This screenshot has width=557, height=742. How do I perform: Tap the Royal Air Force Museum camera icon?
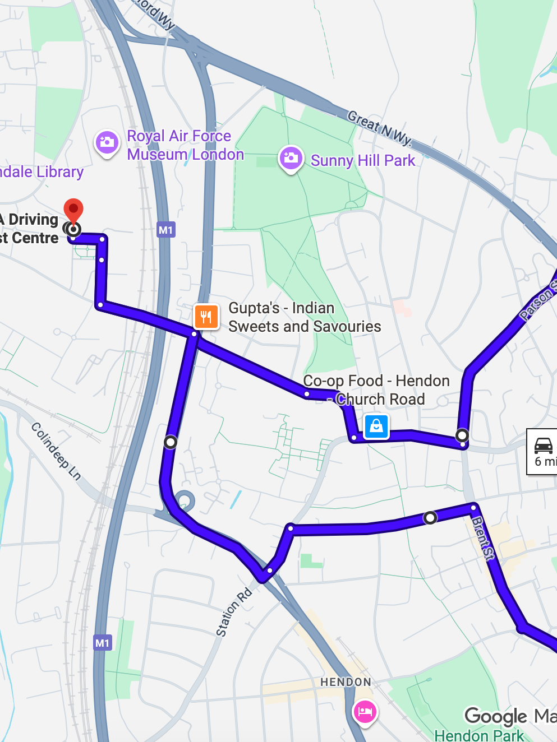tap(107, 142)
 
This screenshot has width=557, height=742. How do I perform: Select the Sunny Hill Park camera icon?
tap(291, 158)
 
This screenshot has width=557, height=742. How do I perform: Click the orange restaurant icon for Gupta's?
tap(206, 317)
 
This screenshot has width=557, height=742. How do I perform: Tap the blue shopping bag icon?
tap(376, 426)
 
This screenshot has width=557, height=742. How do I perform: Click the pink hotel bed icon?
tap(365, 712)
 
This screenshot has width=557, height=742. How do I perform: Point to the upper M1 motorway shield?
tap(166, 230)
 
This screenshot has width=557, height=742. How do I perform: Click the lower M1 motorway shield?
tap(102, 643)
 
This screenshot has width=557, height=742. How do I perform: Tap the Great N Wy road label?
tap(379, 127)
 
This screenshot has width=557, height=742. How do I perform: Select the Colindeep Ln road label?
tap(56, 451)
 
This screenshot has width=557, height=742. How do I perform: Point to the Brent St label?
tap(483, 538)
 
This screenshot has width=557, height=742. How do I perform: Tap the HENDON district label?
tap(346, 682)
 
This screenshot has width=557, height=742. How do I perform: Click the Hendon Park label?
tap(479, 735)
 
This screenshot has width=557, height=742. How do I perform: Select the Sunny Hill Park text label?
tap(363, 160)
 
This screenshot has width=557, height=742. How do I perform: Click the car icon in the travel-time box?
tap(543, 446)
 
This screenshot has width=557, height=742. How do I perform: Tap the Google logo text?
tap(496, 716)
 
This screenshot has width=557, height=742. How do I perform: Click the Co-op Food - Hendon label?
tap(376, 381)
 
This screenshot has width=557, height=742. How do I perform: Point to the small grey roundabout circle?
tap(185, 500)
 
